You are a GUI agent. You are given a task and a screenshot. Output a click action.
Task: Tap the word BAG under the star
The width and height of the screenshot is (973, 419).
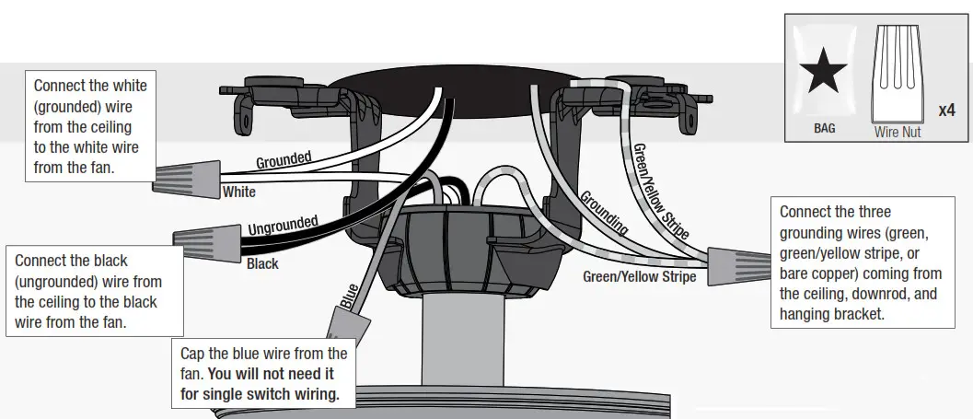click(x=824, y=129)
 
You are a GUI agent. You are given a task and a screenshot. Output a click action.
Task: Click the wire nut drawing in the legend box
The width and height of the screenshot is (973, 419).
click(x=898, y=74)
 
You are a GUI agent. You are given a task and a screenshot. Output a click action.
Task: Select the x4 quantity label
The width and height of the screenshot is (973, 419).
click(x=947, y=111)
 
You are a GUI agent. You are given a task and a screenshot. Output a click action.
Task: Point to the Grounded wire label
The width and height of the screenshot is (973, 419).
click(x=283, y=160)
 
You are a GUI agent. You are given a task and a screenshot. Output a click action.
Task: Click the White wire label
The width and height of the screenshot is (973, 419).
click(x=239, y=193)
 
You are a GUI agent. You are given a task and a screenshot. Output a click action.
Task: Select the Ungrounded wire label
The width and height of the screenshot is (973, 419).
click(x=283, y=224)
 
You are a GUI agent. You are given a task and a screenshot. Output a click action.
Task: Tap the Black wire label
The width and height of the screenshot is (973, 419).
click(x=263, y=263)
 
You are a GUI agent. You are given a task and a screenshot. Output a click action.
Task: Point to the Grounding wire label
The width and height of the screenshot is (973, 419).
click(x=604, y=213)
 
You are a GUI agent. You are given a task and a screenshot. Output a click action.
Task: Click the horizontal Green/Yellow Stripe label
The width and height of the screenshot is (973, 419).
click(x=639, y=276)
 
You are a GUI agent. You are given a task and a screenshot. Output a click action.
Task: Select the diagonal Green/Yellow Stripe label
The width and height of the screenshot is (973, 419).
click(x=660, y=192)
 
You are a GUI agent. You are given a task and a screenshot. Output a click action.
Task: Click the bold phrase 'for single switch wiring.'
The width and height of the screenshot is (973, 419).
click(x=261, y=394)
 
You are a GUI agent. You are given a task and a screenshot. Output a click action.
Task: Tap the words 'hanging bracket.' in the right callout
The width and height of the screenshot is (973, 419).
click(x=832, y=313)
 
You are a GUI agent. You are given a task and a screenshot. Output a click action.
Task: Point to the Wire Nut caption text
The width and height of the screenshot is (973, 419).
click(x=898, y=133)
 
